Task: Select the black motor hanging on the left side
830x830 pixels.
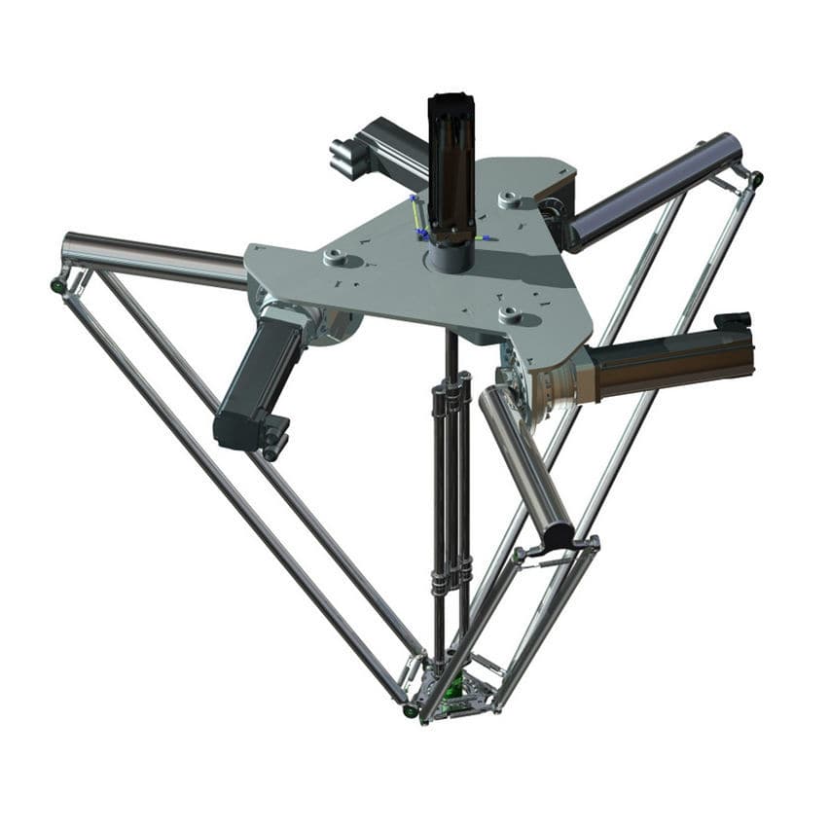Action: [255, 379]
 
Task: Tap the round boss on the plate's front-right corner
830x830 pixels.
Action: [510, 313]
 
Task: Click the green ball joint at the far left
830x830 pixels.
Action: [58, 285]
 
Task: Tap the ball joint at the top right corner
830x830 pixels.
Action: [756, 179]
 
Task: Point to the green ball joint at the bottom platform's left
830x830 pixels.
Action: [411, 711]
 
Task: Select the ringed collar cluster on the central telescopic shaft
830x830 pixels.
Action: [451, 399]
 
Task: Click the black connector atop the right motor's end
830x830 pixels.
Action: [732, 321]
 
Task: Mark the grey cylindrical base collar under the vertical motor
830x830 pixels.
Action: [450, 257]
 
